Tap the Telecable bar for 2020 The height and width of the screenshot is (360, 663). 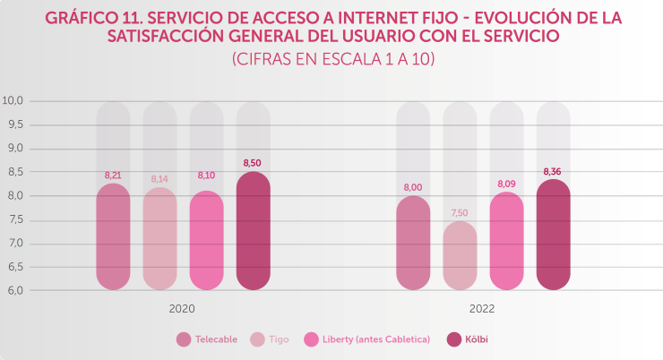pos(113,237)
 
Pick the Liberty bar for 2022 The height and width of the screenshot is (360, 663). pos(506,241)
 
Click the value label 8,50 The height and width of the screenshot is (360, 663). pos(253,163)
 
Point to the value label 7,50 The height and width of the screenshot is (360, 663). pos(460,213)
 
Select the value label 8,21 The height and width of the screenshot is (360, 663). pos(113,176)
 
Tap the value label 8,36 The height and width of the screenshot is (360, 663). pos(553,171)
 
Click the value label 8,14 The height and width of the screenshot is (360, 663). pos(159,179)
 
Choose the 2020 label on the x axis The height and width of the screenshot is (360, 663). pos(182,308)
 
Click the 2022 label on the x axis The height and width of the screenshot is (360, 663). pos(482,308)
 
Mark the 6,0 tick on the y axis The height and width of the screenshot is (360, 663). pos(14,290)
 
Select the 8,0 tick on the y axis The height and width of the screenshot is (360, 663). pos(14,196)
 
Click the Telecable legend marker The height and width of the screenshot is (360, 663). pos(184,339)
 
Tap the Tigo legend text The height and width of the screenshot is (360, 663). pos(279,339)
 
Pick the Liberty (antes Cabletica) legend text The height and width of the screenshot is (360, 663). pos(377,339)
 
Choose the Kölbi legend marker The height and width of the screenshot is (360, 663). pos(453,339)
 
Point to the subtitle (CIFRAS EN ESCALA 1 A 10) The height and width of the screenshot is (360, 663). pos(332,59)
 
